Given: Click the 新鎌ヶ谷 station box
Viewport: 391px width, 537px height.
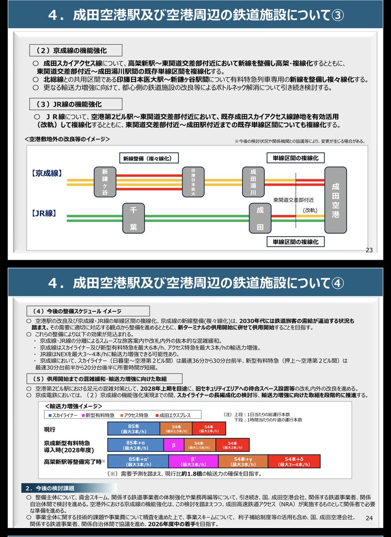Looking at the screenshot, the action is (105, 182).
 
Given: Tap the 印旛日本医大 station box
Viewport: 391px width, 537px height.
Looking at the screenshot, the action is (193, 182).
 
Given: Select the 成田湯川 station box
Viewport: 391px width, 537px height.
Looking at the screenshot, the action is (253, 182).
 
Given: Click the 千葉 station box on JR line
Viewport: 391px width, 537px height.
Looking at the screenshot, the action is (133, 218).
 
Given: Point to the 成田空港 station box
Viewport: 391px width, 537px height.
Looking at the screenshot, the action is (336, 200).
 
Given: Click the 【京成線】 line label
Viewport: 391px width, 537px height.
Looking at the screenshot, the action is (47, 173).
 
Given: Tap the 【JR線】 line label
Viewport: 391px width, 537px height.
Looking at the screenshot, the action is (44, 213).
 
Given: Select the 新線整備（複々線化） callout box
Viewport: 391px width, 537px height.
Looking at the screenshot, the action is (149, 158).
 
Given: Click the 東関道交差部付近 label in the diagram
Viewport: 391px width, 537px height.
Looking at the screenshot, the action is (293, 200).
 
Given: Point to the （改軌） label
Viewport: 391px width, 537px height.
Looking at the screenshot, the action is (310, 211).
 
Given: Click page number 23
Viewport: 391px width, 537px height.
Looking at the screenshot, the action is (369, 250).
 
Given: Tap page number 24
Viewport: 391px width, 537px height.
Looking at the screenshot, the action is (369, 518).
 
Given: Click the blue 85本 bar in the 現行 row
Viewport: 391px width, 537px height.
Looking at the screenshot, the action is (134, 429).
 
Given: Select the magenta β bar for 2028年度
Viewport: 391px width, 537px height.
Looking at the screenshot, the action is (174, 445).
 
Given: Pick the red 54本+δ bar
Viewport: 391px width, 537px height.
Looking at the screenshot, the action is (294, 461).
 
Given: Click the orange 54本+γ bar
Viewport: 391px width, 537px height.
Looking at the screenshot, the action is (243, 461).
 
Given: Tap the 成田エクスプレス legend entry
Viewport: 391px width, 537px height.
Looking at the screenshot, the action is (173, 415).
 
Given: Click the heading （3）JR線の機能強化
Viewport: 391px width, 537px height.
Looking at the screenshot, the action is (76, 104).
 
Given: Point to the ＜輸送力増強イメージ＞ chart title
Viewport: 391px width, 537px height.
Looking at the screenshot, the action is (73, 406).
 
